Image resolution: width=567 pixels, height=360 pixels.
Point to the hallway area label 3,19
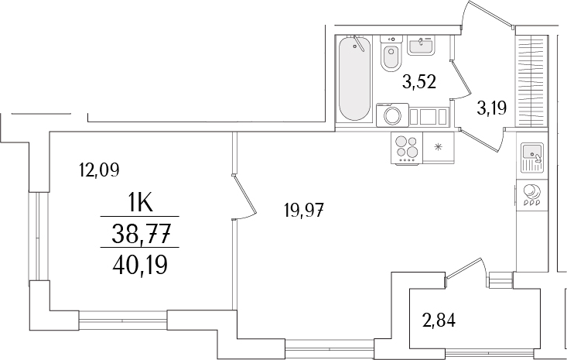(491, 107)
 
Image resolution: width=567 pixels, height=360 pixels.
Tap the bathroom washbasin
(424, 46)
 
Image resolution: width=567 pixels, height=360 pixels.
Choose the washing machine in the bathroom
(392, 115)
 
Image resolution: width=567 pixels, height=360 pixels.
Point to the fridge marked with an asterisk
(438, 146)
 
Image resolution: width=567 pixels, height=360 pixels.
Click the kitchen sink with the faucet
(531, 161)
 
